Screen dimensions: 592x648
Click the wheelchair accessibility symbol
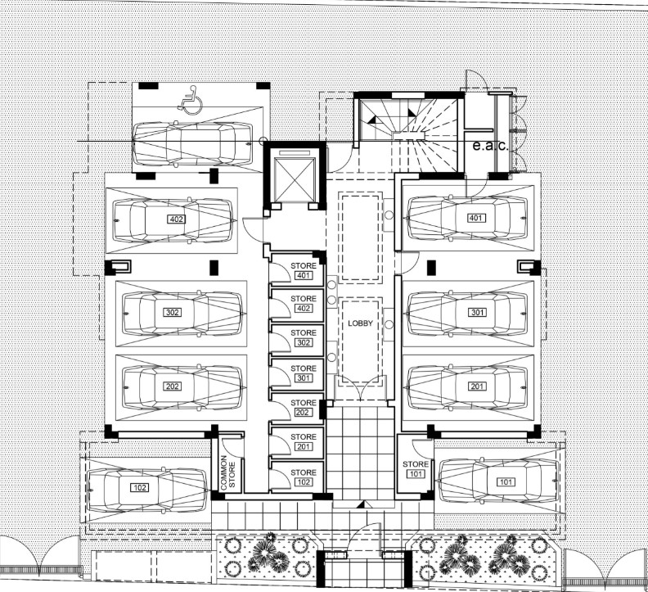pos(190,101)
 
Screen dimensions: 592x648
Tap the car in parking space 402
pos(174,220)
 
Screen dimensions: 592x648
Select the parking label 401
pos(475,219)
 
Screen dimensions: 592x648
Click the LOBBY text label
pos(360,323)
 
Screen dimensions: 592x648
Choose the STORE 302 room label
pos(303,338)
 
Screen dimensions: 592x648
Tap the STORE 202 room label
pos(303,408)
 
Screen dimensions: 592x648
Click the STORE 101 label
pos(415,469)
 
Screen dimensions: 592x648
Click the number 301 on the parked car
pos(478,312)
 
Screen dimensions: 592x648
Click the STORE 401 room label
pos(303,269)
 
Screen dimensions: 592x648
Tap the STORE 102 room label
pos(303,477)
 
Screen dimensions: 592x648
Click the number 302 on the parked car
pos(173,312)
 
